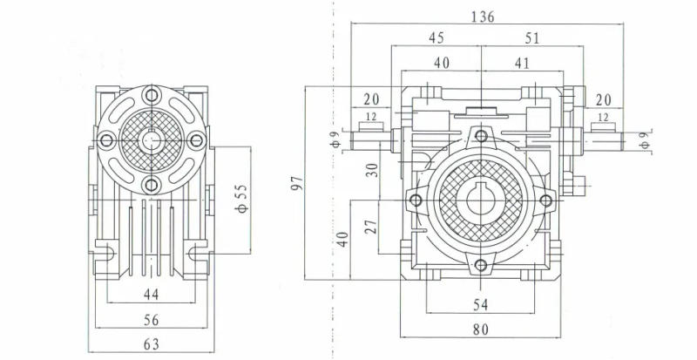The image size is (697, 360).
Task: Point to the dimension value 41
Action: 522,63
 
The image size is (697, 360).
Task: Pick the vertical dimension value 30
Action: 373,169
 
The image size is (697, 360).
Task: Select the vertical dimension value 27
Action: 373,228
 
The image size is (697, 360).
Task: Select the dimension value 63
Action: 151,345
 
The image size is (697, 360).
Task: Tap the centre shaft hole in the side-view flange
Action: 152,139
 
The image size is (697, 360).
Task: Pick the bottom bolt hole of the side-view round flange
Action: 152,184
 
